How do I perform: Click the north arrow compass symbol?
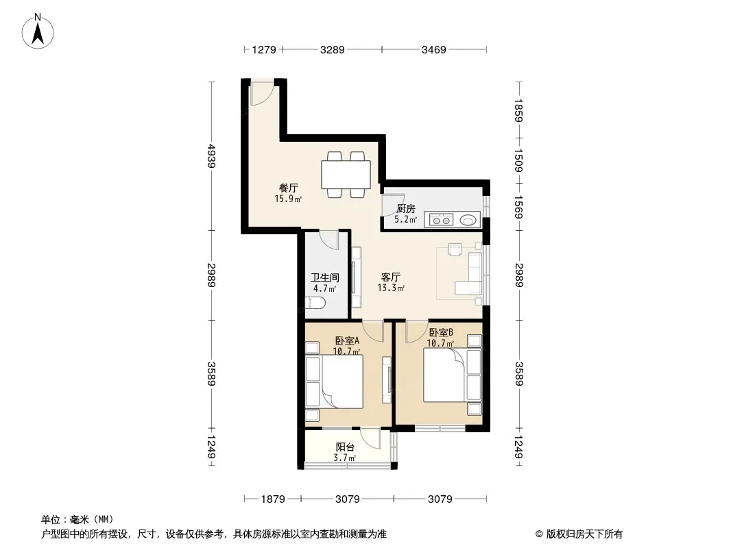[38, 32]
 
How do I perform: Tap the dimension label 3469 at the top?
[433, 49]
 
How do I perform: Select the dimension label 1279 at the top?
[264, 49]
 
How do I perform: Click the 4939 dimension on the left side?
[212, 156]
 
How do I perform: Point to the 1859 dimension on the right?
[518, 110]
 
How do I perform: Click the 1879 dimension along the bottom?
[273, 499]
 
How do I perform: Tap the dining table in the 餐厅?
[346, 175]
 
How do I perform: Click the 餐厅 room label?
[289, 188]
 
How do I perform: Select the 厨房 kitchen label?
[405, 209]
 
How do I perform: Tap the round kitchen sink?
[468, 219]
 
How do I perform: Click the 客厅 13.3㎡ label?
[391, 282]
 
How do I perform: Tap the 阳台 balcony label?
[345, 447]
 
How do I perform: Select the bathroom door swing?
[329, 240]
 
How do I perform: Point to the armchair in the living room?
[455, 249]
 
